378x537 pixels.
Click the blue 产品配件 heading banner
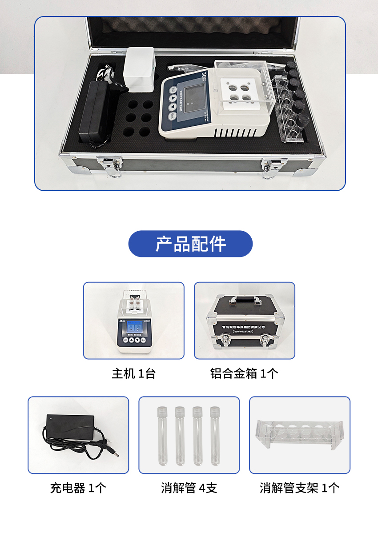point(190,244)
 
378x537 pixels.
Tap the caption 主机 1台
point(133,373)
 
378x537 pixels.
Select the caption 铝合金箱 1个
point(244,373)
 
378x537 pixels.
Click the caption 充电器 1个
point(78,488)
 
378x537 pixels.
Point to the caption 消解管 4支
point(189,488)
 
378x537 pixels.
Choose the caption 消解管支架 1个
point(299,488)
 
